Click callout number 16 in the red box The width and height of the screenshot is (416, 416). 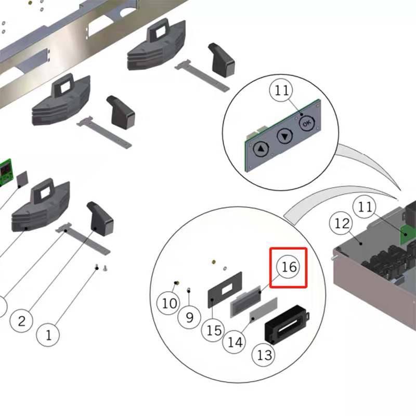(x=289, y=267)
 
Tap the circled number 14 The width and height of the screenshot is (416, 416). (x=235, y=342)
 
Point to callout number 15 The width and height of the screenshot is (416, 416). (x=213, y=330)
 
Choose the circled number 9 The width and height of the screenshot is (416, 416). (x=189, y=316)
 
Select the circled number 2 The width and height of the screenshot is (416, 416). (x=21, y=320)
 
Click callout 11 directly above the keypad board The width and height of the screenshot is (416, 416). (x=281, y=90)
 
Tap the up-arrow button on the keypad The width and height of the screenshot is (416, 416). (x=261, y=149)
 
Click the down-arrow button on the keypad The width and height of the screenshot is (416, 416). (x=284, y=137)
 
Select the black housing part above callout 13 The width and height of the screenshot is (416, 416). (x=285, y=323)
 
